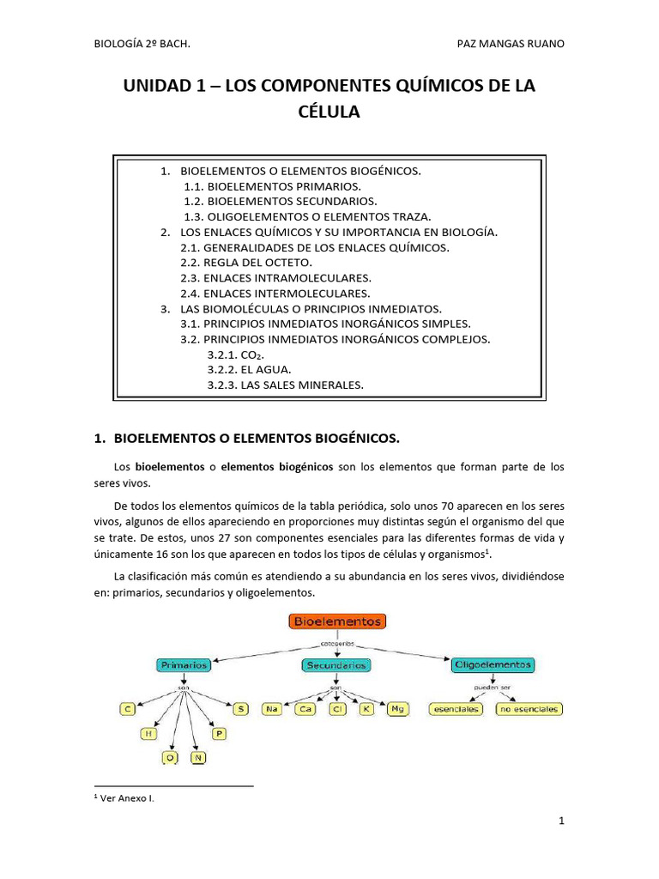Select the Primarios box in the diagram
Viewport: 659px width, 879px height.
pos(182,664)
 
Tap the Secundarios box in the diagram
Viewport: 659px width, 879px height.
pos(336,664)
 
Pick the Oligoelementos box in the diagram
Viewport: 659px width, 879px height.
pos(493,664)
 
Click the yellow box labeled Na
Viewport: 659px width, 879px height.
pos(274,709)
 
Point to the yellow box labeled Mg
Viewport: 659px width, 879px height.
pos(396,709)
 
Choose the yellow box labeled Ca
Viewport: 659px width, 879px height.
pos(305,709)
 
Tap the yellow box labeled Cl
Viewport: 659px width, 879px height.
pos(336,709)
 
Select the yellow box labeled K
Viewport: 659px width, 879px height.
pos(366,709)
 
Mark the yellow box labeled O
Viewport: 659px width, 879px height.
pos(171,758)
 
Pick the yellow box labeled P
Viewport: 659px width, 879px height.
pos(219,734)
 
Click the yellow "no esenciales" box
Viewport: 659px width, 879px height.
pos(529,709)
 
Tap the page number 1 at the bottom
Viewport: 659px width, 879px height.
pos(561,821)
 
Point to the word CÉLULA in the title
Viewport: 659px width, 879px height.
pos(329,112)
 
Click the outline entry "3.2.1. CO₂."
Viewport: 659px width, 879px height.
pos(235,355)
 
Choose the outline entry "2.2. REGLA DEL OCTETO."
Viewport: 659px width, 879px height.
pos(247,262)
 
